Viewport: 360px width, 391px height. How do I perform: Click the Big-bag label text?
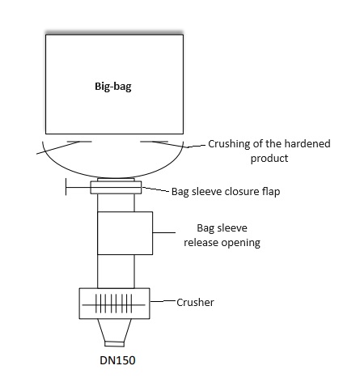(113, 87)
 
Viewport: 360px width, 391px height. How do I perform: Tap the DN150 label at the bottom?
(117, 360)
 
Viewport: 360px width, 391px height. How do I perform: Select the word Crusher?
(195, 302)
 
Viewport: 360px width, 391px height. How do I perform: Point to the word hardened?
(307, 143)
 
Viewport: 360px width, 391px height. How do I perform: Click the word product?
(269, 159)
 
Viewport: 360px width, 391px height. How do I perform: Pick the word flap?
(271, 192)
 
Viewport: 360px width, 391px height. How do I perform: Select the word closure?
(242, 192)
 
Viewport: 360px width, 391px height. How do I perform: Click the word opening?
(240, 243)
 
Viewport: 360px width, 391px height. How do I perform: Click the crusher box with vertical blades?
(114, 304)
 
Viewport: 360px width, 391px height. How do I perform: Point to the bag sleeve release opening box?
(125, 233)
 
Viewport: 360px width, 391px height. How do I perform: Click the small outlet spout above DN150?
(114, 344)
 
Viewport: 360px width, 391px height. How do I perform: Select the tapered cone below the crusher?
(114, 330)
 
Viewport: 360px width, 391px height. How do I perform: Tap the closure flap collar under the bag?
(116, 188)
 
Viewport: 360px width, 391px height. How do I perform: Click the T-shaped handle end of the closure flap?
(66, 187)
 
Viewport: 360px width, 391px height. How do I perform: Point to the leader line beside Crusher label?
(163, 301)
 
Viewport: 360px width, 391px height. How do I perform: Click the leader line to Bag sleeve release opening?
(164, 232)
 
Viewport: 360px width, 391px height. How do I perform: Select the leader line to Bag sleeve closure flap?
(155, 189)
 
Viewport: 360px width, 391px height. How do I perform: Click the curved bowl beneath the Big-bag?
(113, 177)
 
